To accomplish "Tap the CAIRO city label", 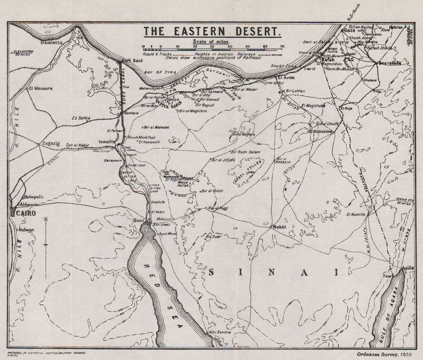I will coord(26,213).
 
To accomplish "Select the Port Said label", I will coord(131,60).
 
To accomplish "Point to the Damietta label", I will coord(51,43).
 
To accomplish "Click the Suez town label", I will coord(139,220).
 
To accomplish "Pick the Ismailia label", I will coord(106,141).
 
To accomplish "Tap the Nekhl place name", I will coord(280,227).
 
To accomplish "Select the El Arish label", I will coord(286,78).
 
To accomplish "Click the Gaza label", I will coord(349,31).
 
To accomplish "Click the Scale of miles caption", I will coord(211,41).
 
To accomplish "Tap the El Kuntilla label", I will coord(355,215).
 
